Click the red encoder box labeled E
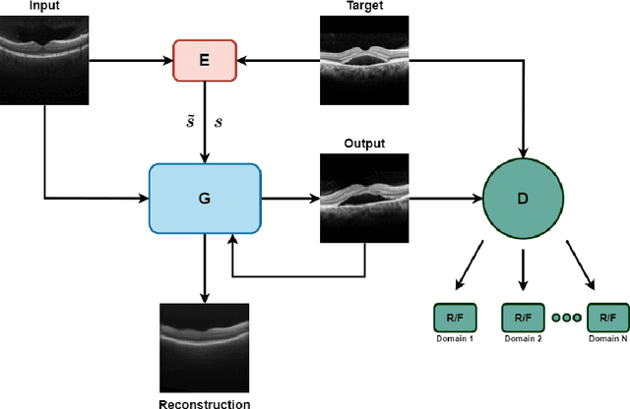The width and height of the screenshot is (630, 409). (x=204, y=60)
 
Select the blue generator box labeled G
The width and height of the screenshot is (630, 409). (x=204, y=198)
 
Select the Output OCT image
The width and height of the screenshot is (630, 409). (x=363, y=198)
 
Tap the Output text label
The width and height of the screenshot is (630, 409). (x=363, y=144)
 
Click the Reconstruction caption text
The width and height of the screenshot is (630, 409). (x=205, y=402)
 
